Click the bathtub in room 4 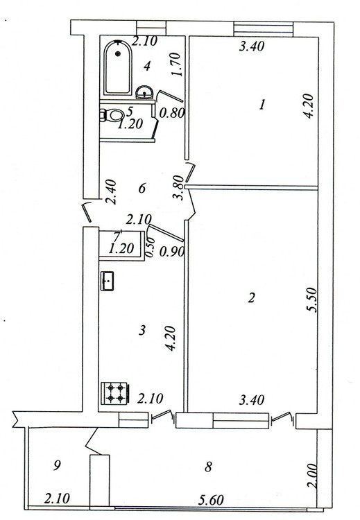[118, 68]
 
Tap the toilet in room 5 [112, 115]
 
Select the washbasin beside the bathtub [145, 92]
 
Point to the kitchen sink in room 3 [108, 281]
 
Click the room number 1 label [262, 105]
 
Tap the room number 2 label [252, 298]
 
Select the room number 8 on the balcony [208, 467]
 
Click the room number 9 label [58, 466]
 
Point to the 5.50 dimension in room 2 [314, 300]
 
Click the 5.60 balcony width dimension [211, 500]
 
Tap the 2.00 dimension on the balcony [314, 476]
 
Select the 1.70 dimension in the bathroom [176, 64]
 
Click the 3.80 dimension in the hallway [178, 187]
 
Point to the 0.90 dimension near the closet [172, 252]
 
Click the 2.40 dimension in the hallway [110, 191]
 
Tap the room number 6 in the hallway [142, 189]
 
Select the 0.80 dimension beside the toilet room [171, 114]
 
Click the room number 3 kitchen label [142, 330]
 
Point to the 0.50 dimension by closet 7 [150, 247]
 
